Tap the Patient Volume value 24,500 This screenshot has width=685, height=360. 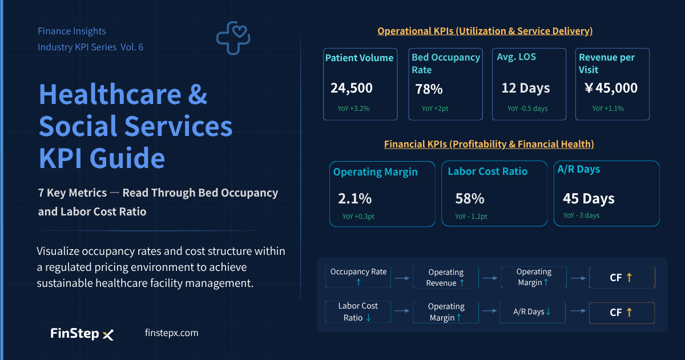point(352,88)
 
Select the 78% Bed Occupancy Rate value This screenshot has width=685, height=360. point(429,89)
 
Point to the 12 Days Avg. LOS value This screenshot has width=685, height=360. point(526,89)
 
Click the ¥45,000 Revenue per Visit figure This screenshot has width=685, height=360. point(611,88)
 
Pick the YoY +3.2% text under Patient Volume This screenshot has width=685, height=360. point(353,109)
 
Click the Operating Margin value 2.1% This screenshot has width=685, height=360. point(354,199)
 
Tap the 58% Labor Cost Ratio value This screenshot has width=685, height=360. point(470,199)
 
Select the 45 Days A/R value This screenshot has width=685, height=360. point(589,199)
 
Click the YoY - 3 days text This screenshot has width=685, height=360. point(581,215)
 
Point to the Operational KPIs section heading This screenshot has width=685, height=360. point(485,31)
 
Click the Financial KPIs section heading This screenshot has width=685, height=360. point(489,144)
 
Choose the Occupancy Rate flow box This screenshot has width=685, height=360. point(358,277)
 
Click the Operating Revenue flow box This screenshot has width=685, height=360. point(446,277)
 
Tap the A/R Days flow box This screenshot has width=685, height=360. point(533,312)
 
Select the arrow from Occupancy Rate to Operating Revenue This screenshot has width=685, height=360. point(402,278)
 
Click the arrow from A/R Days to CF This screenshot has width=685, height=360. point(578,311)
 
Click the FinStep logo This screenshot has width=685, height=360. point(82,333)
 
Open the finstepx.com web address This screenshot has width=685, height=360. point(172,333)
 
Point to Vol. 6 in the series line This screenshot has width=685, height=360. point(132,47)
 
